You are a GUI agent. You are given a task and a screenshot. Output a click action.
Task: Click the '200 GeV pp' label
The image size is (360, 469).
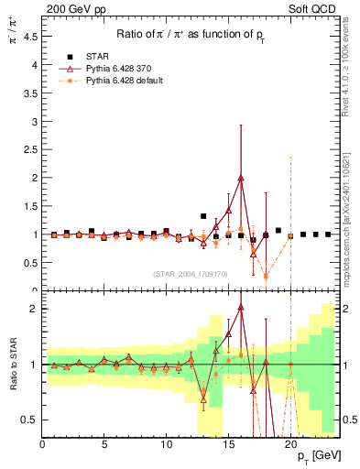click(x=71, y=9)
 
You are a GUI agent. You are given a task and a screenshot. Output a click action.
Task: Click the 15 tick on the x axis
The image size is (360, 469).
click(x=228, y=445)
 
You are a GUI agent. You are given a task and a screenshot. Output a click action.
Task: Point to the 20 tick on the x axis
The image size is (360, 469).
click(x=290, y=445)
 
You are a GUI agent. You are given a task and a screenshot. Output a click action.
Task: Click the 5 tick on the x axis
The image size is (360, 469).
click(x=104, y=445)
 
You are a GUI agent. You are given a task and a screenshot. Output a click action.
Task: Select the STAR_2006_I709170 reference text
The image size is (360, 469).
click(x=191, y=274)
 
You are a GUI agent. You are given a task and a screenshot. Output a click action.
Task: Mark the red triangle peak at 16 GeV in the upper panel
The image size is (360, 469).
click(x=241, y=178)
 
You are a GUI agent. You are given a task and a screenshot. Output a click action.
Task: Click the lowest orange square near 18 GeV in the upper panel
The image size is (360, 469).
click(x=266, y=276)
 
